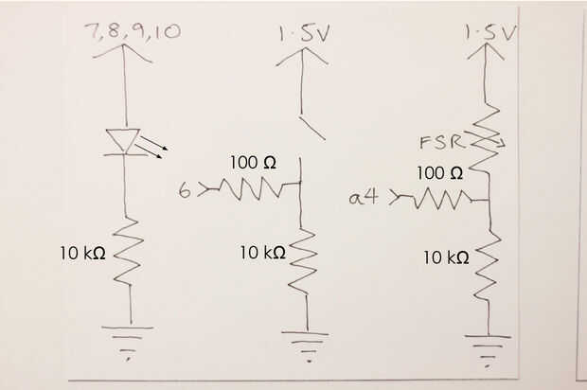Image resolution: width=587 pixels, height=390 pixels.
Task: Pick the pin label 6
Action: (184, 191)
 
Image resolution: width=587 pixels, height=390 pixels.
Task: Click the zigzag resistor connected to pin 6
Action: (249, 190)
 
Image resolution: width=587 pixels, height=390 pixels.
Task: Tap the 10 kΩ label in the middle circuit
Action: (262, 253)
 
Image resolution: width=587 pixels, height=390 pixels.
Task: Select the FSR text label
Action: (440, 144)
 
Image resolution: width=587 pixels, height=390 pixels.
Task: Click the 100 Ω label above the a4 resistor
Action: (440, 173)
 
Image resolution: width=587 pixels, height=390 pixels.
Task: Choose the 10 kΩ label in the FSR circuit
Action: (446, 257)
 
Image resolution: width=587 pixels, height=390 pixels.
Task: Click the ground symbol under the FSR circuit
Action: (489, 346)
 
